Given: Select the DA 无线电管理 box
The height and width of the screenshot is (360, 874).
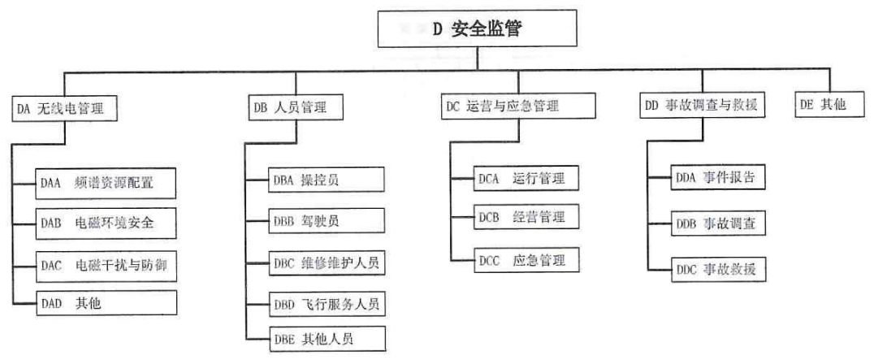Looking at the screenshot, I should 66,107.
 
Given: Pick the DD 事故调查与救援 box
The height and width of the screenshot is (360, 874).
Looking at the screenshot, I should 703,106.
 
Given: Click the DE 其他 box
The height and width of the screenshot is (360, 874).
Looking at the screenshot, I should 824,106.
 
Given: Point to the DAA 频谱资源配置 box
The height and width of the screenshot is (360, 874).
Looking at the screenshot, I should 106,183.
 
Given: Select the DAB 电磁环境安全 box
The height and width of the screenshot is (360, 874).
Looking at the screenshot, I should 106,222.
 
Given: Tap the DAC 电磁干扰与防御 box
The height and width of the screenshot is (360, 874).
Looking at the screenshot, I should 106,264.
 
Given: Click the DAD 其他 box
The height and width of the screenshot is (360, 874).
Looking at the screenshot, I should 106,303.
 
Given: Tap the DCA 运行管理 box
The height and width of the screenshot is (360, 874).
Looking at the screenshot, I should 526,179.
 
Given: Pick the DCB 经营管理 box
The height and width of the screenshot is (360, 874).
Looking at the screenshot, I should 526,219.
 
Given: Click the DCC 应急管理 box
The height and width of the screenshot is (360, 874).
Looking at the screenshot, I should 526,261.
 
